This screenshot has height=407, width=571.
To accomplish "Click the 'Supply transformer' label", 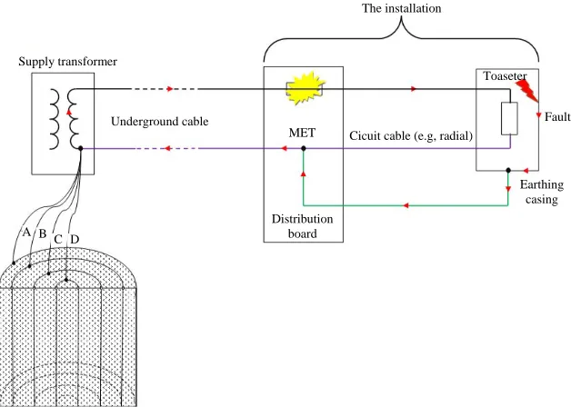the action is click(x=67, y=62).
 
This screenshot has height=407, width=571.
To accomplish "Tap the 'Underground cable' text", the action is click(x=159, y=122).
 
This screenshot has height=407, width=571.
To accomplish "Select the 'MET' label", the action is click(x=302, y=133).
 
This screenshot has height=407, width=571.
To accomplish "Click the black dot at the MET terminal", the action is click(x=304, y=148).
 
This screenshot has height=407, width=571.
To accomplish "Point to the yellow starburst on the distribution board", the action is click(x=305, y=88).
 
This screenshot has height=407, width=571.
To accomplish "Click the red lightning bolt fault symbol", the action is click(x=527, y=91).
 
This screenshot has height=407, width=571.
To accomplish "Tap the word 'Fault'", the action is click(x=557, y=117).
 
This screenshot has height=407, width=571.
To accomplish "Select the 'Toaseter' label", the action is click(x=505, y=76).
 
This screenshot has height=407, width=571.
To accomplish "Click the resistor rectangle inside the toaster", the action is click(x=509, y=119).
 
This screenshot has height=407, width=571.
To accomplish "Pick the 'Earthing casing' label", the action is click(x=542, y=192).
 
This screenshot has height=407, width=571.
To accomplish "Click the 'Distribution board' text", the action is click(x=302, y=226).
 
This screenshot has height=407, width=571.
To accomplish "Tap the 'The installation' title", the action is click(x=401, y=8).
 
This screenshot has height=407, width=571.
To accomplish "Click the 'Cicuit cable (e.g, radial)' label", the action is click(x=411, y=136).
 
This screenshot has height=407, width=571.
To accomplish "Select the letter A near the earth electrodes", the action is click(x=26, y=232).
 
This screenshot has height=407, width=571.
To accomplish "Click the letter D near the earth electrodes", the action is click(x=75, y=239).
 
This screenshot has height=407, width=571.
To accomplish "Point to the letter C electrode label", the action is click(x=58, y=239).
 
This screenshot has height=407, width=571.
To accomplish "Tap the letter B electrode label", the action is click(x=43, y=233).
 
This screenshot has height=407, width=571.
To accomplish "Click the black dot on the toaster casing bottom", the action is click(x=508, y=170).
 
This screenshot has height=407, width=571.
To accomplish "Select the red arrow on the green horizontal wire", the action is click(x=406, y=206).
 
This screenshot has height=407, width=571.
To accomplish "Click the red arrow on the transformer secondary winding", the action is click(x=69, y=112).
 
